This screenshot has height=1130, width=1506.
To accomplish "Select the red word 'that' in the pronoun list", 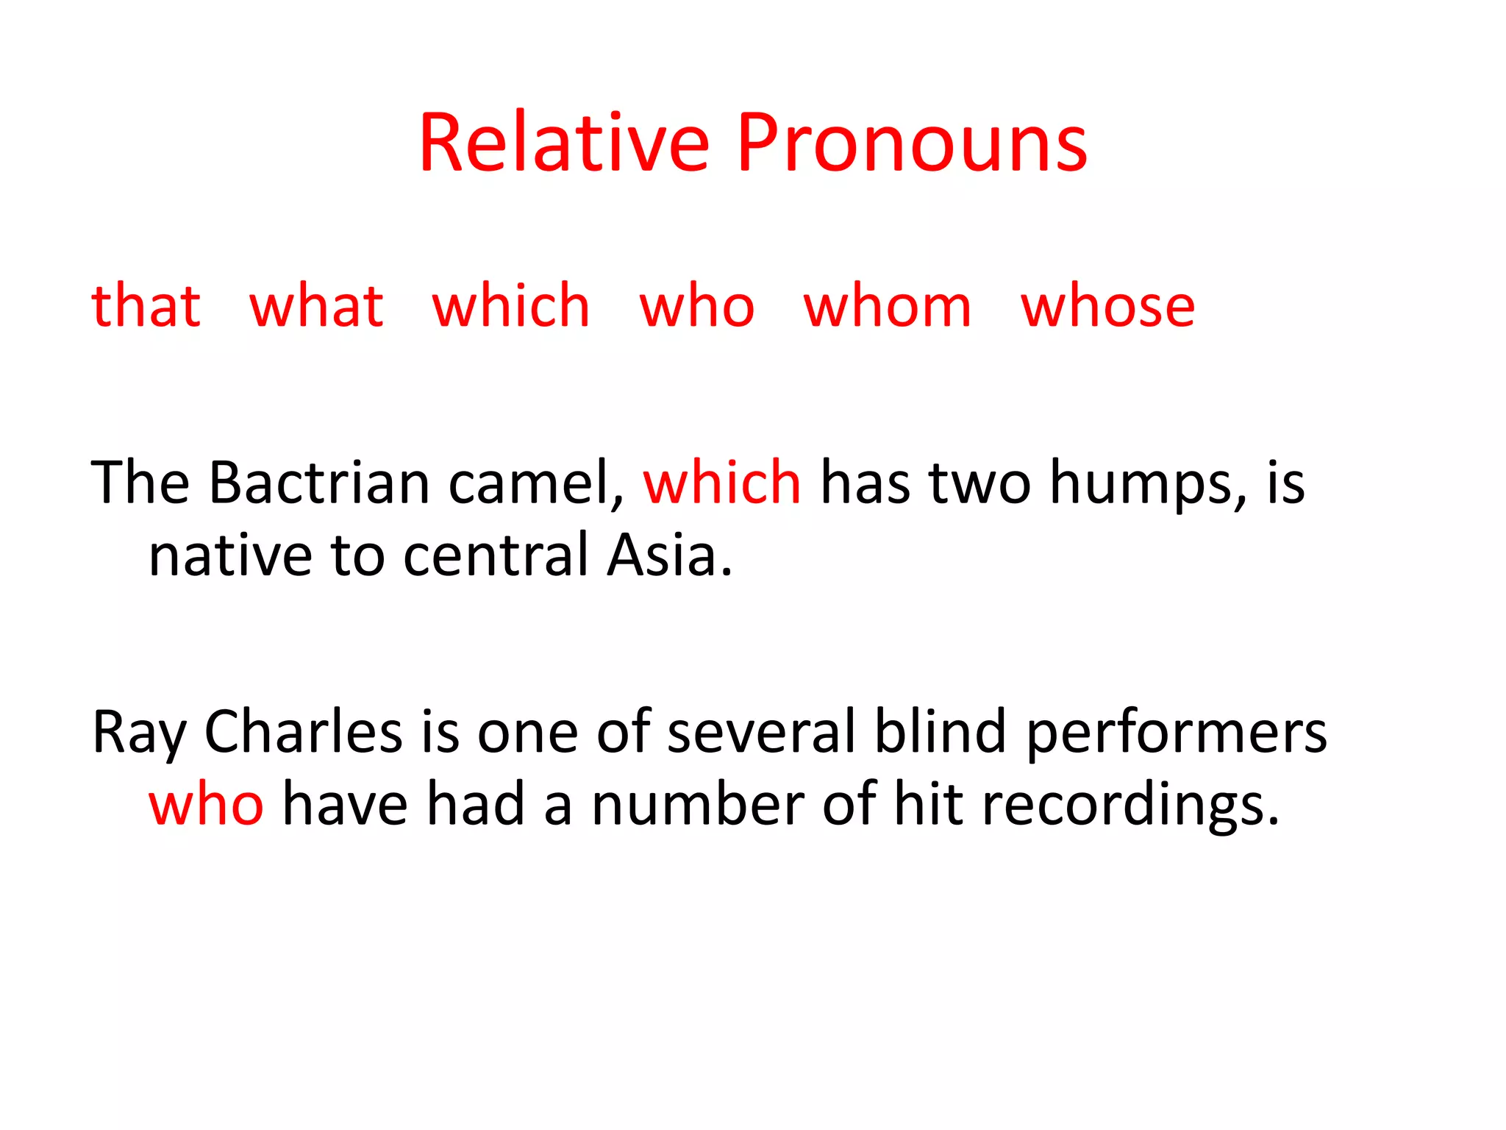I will tap(146, 305).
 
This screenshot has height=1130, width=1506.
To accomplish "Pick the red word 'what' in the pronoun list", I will tap(316, 305).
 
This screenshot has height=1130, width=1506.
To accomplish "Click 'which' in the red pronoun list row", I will tap(511, 305).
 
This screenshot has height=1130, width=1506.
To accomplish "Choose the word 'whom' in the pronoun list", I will tap(887, 305).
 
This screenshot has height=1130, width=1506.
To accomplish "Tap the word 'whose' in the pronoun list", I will tap(1107, 305).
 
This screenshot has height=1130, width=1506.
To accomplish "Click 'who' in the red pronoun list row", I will tap(696, 305).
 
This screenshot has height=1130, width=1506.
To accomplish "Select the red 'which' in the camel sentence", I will tap(722, 483).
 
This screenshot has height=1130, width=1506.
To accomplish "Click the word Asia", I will tap(669, 555).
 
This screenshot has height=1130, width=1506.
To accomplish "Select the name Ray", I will tap(139, 733).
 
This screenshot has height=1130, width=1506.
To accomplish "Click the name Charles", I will tap(303, 731).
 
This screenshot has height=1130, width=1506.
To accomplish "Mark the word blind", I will tap(940, 731).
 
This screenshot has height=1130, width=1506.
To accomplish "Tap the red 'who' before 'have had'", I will tap(206, 804).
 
